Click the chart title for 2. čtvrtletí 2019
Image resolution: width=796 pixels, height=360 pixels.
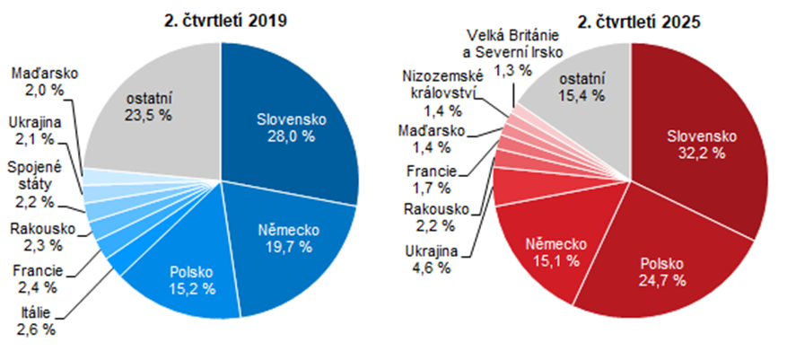point(221,20)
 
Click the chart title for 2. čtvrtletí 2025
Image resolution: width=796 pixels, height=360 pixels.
point(632,20)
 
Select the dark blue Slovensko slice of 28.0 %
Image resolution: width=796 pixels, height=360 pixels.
point(287,126)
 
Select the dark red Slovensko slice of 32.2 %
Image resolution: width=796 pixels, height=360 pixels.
point(700,144)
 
